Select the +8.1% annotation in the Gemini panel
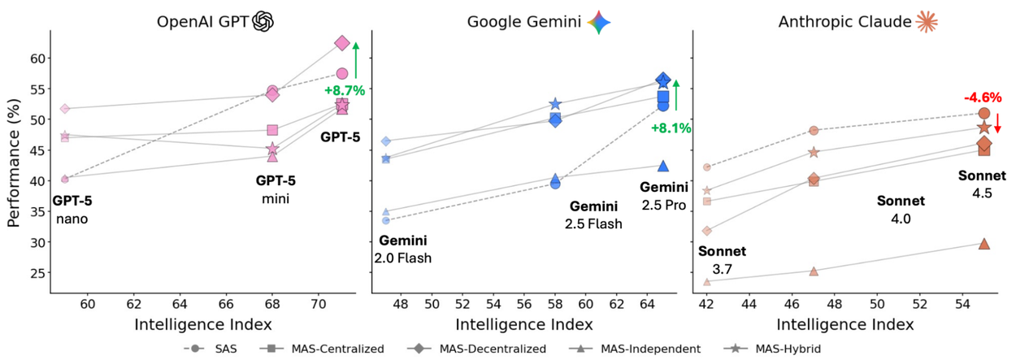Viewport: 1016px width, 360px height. pyautogui.click(x=671, y=128)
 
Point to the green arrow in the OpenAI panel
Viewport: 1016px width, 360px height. pyautogui.click(x=356, y=61)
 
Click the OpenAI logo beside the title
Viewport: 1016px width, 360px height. pyautogui.click(x=263, y=22)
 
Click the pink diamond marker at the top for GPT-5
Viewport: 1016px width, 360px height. pyautogui.click(x=342, y=43)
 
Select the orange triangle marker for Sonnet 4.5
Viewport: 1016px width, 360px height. pyautogui.click(x=984, y=244)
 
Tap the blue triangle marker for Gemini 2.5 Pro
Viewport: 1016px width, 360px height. pyautogui.click(x=663, y=166)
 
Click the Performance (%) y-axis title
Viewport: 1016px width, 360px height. pyautogui.click(x=13, y=163)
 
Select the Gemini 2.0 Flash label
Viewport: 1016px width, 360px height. pyautogui.click(x=402, y=249)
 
